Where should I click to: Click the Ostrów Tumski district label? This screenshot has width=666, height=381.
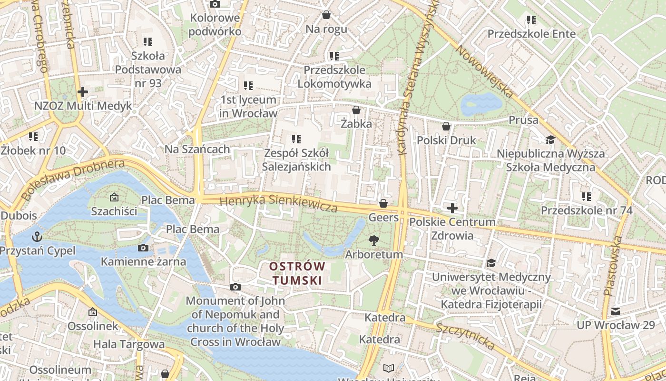[297, 273]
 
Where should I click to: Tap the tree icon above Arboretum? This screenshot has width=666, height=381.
[374, 241]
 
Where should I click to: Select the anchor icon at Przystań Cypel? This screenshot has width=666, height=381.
[37, 237]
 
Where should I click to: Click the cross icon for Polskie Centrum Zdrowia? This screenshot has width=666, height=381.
[452, 208]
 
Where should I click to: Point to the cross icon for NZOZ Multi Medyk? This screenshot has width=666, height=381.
[83, 91]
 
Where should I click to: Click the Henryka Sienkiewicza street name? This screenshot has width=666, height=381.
[278, 203]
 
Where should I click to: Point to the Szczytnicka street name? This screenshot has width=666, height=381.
[465, 336]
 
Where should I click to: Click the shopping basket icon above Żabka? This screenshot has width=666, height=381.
[356, 110]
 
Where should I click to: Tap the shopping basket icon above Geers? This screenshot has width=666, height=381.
[383, 204]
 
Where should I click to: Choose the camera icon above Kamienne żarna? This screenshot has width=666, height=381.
[143, 248]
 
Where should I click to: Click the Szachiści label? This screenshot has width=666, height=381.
[114, 211]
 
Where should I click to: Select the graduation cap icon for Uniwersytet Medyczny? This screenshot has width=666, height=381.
[491, 263]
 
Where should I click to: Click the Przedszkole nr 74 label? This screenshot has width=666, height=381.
[587, 210]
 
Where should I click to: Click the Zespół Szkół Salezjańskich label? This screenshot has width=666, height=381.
[296, 160]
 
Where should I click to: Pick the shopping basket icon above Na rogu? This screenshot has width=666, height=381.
[326, 15]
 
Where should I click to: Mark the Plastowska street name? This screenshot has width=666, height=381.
[612, 266]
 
